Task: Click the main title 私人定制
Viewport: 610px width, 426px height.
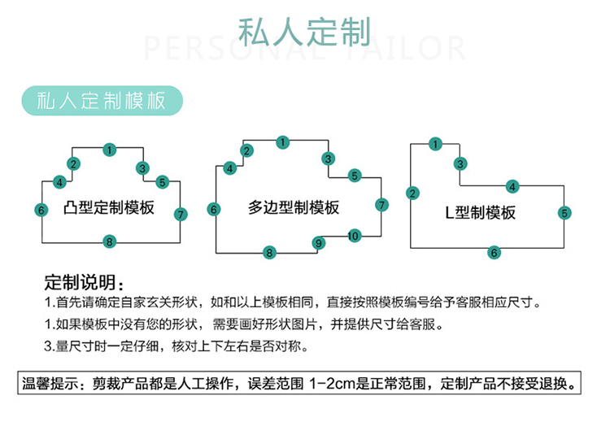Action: coord(304,32)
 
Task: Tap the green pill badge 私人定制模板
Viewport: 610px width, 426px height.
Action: coord(102,101)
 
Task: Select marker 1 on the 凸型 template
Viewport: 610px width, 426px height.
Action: coord(110,150)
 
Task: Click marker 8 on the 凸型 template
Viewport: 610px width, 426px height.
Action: coord(109,241)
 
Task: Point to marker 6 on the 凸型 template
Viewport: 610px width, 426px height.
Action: coord(41,210)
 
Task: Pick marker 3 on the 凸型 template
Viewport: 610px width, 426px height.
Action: coord(142,168)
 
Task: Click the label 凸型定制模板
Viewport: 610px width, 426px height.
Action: coord(108,207)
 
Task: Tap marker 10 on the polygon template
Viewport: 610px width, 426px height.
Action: coord(354,236)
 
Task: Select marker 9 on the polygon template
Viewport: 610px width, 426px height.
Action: coord(319,243)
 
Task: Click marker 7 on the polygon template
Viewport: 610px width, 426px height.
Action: coord(381,205)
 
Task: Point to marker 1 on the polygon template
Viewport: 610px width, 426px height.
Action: coord(283,142)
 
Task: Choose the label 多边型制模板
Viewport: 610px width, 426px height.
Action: coord(294,207)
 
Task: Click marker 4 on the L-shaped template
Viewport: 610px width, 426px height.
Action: coord(512,187)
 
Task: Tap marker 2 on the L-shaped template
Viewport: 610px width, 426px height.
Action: coord(412,193)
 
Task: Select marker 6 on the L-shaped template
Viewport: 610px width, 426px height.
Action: coord(494,253)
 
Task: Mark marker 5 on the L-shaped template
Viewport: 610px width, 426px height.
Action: coord(564,213)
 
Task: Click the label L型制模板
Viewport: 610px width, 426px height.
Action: coord(481,213)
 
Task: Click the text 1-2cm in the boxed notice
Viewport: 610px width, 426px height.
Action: coord(333,384)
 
